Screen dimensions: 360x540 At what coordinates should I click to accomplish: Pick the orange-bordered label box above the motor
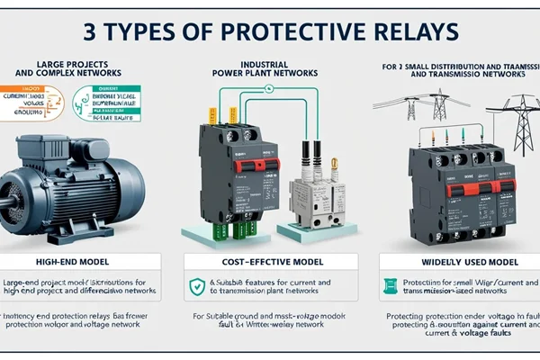33,102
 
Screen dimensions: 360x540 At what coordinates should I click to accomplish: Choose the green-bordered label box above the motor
108,101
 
